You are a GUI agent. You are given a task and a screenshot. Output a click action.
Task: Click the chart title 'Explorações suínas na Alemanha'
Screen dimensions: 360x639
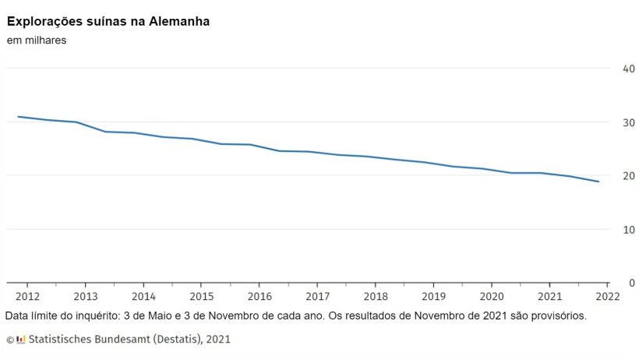click(x=108, y=21)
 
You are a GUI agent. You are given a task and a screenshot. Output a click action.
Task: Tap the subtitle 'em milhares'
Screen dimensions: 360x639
click(x=37, y=41)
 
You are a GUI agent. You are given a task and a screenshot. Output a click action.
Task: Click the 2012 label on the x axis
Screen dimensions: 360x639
click(x=27, y=296)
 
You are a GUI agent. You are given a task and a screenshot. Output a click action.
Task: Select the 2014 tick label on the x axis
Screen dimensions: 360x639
click(x=143, y=296)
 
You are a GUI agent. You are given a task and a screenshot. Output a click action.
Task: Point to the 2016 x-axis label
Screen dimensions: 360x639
click(x=259, y=296)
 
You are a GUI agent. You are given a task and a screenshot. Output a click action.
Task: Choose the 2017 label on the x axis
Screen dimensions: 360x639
click(x=317, y=296)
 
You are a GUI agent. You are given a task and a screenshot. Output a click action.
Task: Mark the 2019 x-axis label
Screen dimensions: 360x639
click(x=433, y=296)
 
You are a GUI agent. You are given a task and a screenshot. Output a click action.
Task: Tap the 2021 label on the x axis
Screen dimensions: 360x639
click(x=549, y=296)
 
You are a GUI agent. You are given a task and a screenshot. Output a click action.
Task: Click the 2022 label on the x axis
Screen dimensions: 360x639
click(x=607, y=296)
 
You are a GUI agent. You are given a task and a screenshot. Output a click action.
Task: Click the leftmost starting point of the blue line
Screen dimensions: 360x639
click(x=18, y=117)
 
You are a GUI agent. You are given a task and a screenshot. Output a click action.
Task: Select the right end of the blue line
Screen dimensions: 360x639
click(x=598, y=182)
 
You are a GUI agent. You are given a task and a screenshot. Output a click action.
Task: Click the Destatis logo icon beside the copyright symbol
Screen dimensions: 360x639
click(x=21, y=339)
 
